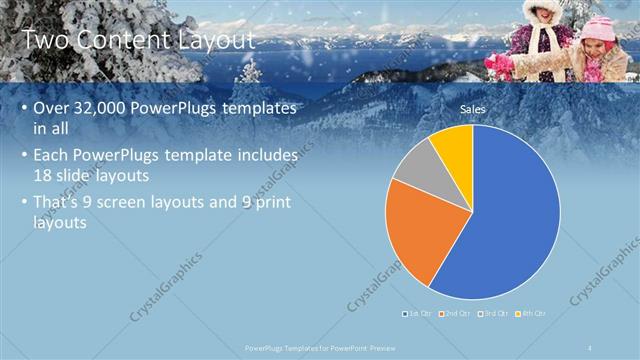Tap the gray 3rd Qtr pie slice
419,165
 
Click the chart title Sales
472,108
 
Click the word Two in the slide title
44,40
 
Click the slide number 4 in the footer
590,347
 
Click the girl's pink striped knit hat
600,27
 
